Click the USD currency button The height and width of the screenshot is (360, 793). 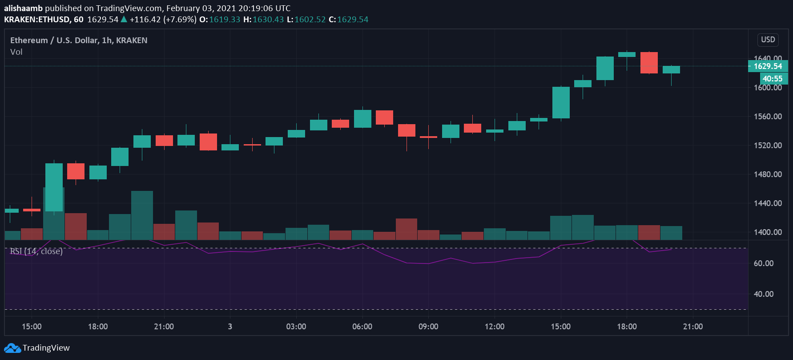(x=768, y=40)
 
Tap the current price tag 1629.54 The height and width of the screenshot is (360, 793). (x=768, y=66)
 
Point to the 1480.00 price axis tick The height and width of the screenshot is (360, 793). (x=768, y=174)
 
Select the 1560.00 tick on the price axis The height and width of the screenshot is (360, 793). (x=768, y=117)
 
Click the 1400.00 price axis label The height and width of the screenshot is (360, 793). (x=768, y=232)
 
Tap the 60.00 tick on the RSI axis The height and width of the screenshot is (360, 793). (x=764, y=263)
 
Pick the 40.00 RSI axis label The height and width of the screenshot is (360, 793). (x=764, y=294)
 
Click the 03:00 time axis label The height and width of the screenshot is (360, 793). (x=296, y=327)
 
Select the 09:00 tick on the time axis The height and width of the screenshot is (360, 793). (x=428, y=327)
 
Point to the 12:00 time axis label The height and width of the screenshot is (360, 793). (x=495, y=327)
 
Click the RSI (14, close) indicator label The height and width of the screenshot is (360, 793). (x=36, y=251)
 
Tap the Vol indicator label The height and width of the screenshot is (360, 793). (x=16, y=52)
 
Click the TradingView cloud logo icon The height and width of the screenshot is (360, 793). (x=12, y=348)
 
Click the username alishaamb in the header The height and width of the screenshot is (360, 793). (x=23, y=8)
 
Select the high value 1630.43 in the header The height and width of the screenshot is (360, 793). (x=268, y=20)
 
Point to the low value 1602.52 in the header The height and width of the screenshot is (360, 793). (x=310, y=20)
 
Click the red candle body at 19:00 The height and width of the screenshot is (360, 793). (x=649, y=63)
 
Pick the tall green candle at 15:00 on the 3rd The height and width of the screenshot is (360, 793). (x=561, y=102)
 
